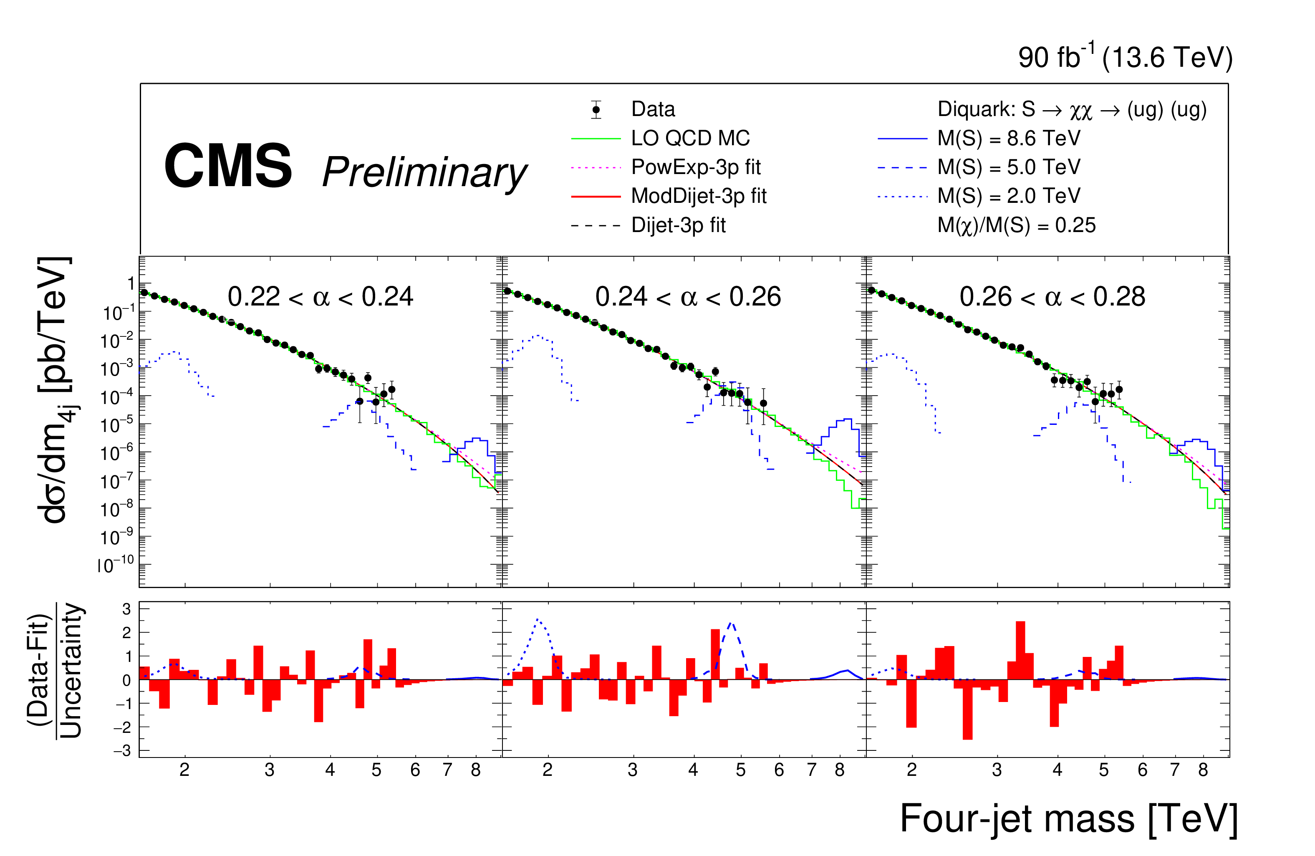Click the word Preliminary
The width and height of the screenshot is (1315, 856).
pos(424,172)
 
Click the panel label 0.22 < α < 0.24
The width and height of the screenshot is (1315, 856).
pos(320,297)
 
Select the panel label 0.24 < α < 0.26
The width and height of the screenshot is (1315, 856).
pos(688,297)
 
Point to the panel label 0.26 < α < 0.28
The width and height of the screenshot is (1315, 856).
pos(1052,297)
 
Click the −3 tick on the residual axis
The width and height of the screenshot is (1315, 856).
pos(126,750)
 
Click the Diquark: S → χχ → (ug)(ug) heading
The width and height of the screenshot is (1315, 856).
pos(1071,109)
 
